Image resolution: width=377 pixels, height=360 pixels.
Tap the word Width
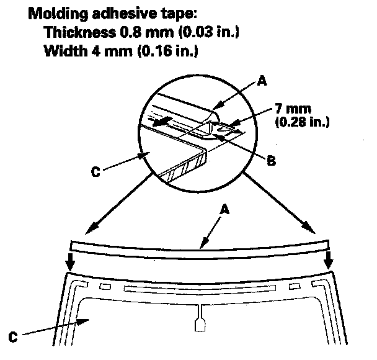click(64, 52)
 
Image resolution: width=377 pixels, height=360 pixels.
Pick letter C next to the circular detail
click(95, 171)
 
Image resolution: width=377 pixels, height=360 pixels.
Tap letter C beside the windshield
click(12, 338)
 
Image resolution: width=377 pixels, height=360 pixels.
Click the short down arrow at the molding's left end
click(71, 263)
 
